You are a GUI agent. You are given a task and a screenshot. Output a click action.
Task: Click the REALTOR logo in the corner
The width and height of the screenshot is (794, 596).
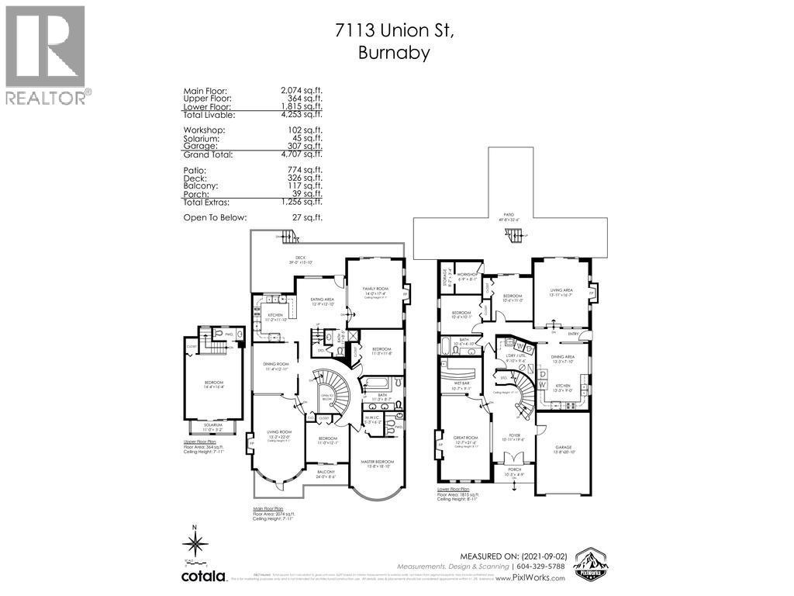(45, 54)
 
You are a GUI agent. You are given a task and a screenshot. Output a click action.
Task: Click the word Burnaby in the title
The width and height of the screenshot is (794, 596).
(395, 54)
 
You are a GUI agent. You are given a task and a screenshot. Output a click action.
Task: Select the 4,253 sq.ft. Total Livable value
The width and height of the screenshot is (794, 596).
(302, 115)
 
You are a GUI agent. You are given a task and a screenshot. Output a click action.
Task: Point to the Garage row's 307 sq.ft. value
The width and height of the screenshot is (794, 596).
(302, 146)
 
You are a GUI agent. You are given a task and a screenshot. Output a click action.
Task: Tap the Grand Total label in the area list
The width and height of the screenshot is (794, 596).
(208, 154)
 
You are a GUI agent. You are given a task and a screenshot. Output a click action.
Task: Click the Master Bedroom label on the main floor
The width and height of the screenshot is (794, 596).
(379, 462)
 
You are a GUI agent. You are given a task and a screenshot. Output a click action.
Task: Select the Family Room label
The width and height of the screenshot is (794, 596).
(375, 288)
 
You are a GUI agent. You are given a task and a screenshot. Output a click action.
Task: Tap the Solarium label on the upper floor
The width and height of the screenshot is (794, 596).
(206, 424)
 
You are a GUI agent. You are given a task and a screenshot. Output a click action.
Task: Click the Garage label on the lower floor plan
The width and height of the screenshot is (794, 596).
(563, 447)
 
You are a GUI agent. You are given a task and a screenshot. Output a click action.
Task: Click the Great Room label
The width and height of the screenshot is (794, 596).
(464, 438)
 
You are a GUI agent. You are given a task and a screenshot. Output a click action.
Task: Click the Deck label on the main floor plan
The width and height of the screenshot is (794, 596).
(299, 258)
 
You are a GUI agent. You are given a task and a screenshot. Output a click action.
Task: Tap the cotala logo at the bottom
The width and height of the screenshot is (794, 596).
(204, 577)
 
